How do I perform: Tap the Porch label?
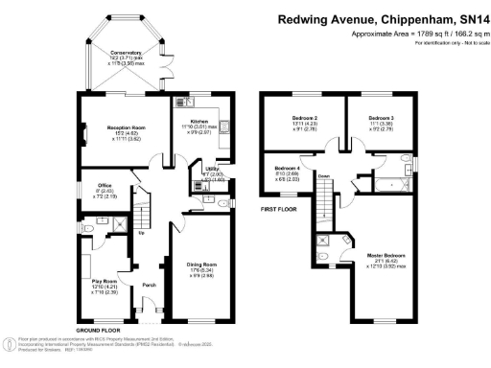(149, 285)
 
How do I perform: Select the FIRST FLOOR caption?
(279, 207)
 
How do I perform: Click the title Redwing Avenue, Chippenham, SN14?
(382, 17)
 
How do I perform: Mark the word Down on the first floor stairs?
(324, 176)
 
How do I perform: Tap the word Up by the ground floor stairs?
(142, 232)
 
